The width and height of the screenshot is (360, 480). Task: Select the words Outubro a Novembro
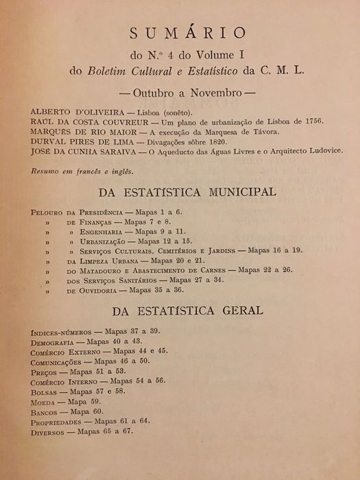[x=180, y=90]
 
